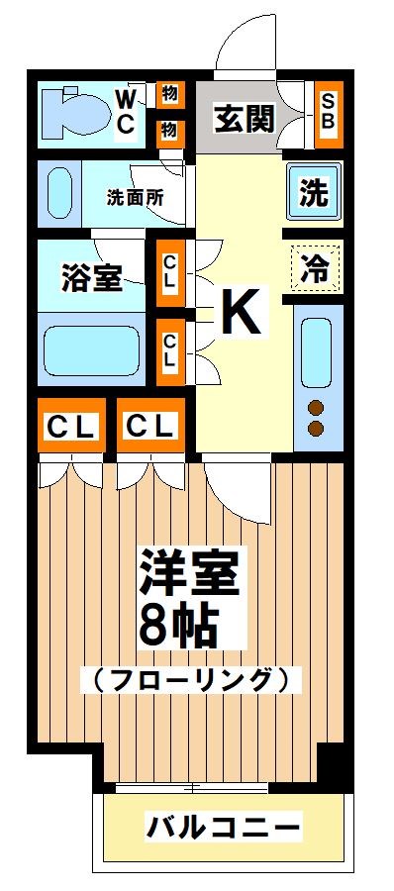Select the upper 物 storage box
[169, 95]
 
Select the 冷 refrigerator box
[316, 265]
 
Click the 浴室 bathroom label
[92, 278]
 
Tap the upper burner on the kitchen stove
[317, 407]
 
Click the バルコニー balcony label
[223, 825]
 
